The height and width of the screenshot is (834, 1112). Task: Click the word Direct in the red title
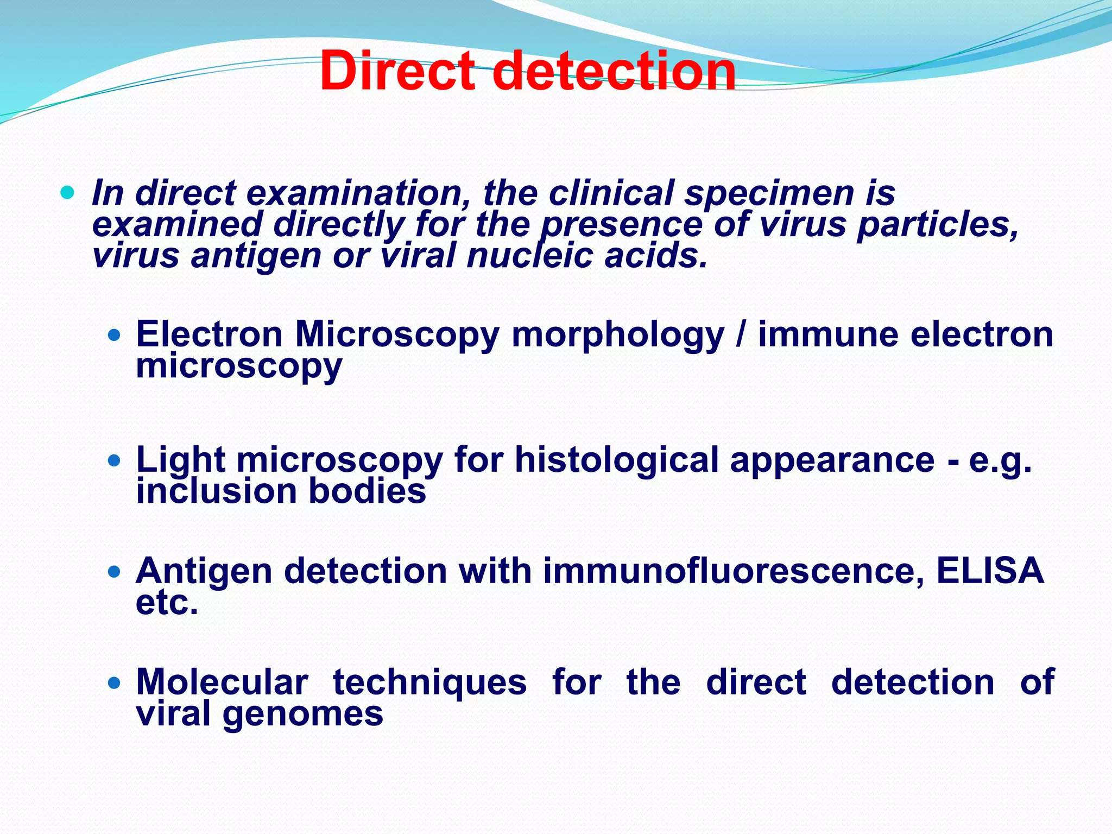(397, 72)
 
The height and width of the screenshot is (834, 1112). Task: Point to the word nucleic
(529, 256)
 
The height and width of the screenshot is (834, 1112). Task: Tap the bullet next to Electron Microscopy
(114, 335)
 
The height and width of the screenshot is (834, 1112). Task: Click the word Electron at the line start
(210, 334)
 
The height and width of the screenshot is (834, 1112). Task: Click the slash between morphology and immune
(741, 334)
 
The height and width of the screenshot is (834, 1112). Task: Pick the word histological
(617, 460)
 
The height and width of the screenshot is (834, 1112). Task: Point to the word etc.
(167, 603)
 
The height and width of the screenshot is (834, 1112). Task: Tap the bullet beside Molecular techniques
(114, 683)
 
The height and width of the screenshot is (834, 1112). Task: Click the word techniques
(429, 682)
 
